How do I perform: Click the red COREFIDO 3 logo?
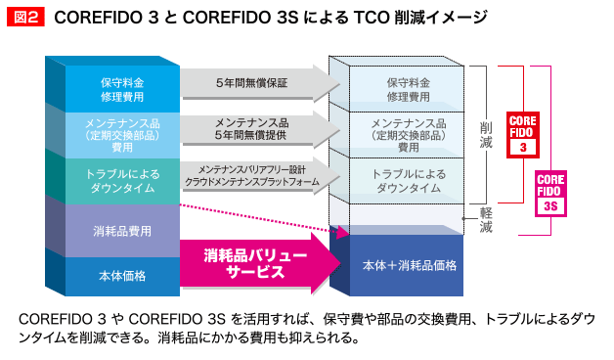[522, 134]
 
